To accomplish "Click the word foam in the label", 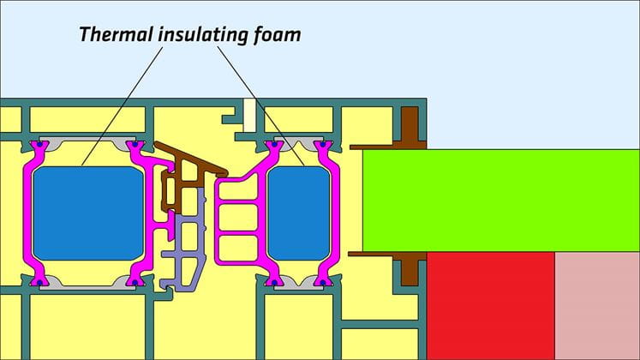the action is pos(277,34).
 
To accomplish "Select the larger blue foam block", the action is pos(88,213).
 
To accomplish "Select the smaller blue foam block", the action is pos(299,213).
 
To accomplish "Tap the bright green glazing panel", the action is pos(501,201).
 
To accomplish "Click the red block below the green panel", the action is pos(491,306).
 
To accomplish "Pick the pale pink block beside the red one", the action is pos(597,306).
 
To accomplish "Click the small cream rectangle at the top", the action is pos(249,116).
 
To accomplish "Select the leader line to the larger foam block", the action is pos(122,106).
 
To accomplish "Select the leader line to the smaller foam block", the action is pos(260,105).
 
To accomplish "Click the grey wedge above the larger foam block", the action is pos(87,143).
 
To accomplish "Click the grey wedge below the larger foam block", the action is pos(87,283).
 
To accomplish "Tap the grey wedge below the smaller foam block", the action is pos(298,283).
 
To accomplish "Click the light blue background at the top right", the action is pos(530,74).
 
